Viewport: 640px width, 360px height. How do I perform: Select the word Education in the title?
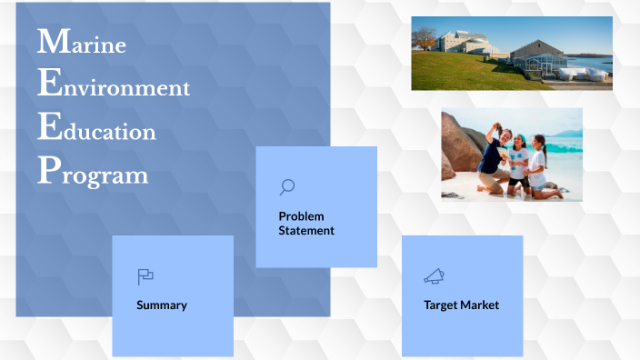(x=98, y=130)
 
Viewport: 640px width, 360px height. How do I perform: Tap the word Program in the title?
(x=93, y=174)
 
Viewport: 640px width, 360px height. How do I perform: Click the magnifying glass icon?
(x=287, y=187)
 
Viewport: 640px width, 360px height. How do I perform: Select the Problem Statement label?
(x=306, y=224)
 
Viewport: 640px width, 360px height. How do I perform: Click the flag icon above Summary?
(x=145, y=276)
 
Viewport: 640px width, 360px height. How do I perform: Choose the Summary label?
(x=162, y=305)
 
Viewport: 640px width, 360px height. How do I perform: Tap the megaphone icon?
(x=434, y=275)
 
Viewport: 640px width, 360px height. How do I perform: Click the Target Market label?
(x=461, y=305)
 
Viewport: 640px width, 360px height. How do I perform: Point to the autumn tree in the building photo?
(x=424, y=38)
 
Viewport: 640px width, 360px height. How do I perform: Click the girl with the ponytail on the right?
(x=538, y=164)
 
